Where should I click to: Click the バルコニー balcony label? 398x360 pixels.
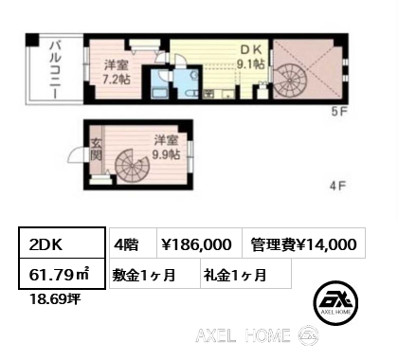(x=55, y=69)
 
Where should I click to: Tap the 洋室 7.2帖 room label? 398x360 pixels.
(x=117, y=72)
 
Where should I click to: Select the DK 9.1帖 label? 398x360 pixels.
(x=251, y=57)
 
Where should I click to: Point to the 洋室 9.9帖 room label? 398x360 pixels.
(x=166, y=147)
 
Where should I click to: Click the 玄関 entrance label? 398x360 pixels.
(x=96, y=150)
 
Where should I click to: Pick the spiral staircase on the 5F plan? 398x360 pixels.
(x=289, y=81)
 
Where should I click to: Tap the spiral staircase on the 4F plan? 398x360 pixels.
(x=132, y=166)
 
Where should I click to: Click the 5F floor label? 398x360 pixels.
(x=339, y=112)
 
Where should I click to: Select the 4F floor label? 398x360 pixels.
(x=338, y=186)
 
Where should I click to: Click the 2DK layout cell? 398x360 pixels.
(x=62, y=243)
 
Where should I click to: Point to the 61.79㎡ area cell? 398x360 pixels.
(x=62, y=274)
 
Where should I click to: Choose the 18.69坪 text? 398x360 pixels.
(x=55, y=298)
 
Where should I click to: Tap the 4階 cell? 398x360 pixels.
(x=134, y=243)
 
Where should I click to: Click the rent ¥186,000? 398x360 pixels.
(x=200, y=243)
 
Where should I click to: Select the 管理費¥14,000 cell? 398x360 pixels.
(x=304, y=243)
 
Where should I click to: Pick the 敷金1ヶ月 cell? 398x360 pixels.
(x=154, y=274)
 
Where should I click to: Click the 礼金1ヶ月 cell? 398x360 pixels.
(x=245, y=274)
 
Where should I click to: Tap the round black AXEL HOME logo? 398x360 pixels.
(x=335, y=302)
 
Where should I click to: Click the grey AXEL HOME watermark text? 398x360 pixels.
(x=243, y=335)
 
